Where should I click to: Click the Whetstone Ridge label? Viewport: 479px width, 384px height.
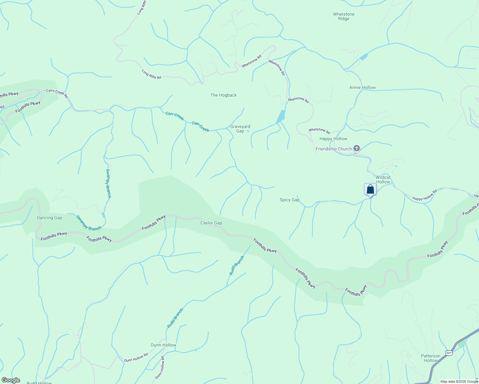tap(344, 16)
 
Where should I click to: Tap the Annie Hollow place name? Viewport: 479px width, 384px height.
tap(362, 87)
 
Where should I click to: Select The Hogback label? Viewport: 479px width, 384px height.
tap(223, 95)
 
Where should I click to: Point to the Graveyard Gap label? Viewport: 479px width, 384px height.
tap(240, 129)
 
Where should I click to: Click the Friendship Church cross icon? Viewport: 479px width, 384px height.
tap(357, 148)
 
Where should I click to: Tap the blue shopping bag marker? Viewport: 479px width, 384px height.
tap(370, 189)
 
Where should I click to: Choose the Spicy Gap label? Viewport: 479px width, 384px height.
tap(289, 200)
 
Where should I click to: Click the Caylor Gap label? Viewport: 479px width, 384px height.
tap(211, 223)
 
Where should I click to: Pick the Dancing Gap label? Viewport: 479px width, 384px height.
tap(49, 218)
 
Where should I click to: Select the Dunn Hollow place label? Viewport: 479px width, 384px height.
tap(163, 345)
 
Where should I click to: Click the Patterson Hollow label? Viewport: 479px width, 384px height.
tap(431, 358)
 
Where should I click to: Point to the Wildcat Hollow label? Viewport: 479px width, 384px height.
tap(383, 180)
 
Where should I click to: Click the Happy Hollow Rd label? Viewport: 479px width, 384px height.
tap(425, 195)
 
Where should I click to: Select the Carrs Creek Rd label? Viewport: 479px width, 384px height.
tap(57, 93)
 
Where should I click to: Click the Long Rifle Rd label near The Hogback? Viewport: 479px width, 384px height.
tap(151, 74)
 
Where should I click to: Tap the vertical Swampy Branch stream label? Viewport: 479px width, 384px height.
tap(108, 183)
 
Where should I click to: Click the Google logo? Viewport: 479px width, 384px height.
tap(11, 380)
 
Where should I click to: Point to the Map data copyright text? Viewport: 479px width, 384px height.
tap(459, 381)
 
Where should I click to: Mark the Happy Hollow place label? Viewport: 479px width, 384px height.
tap(333, 139)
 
